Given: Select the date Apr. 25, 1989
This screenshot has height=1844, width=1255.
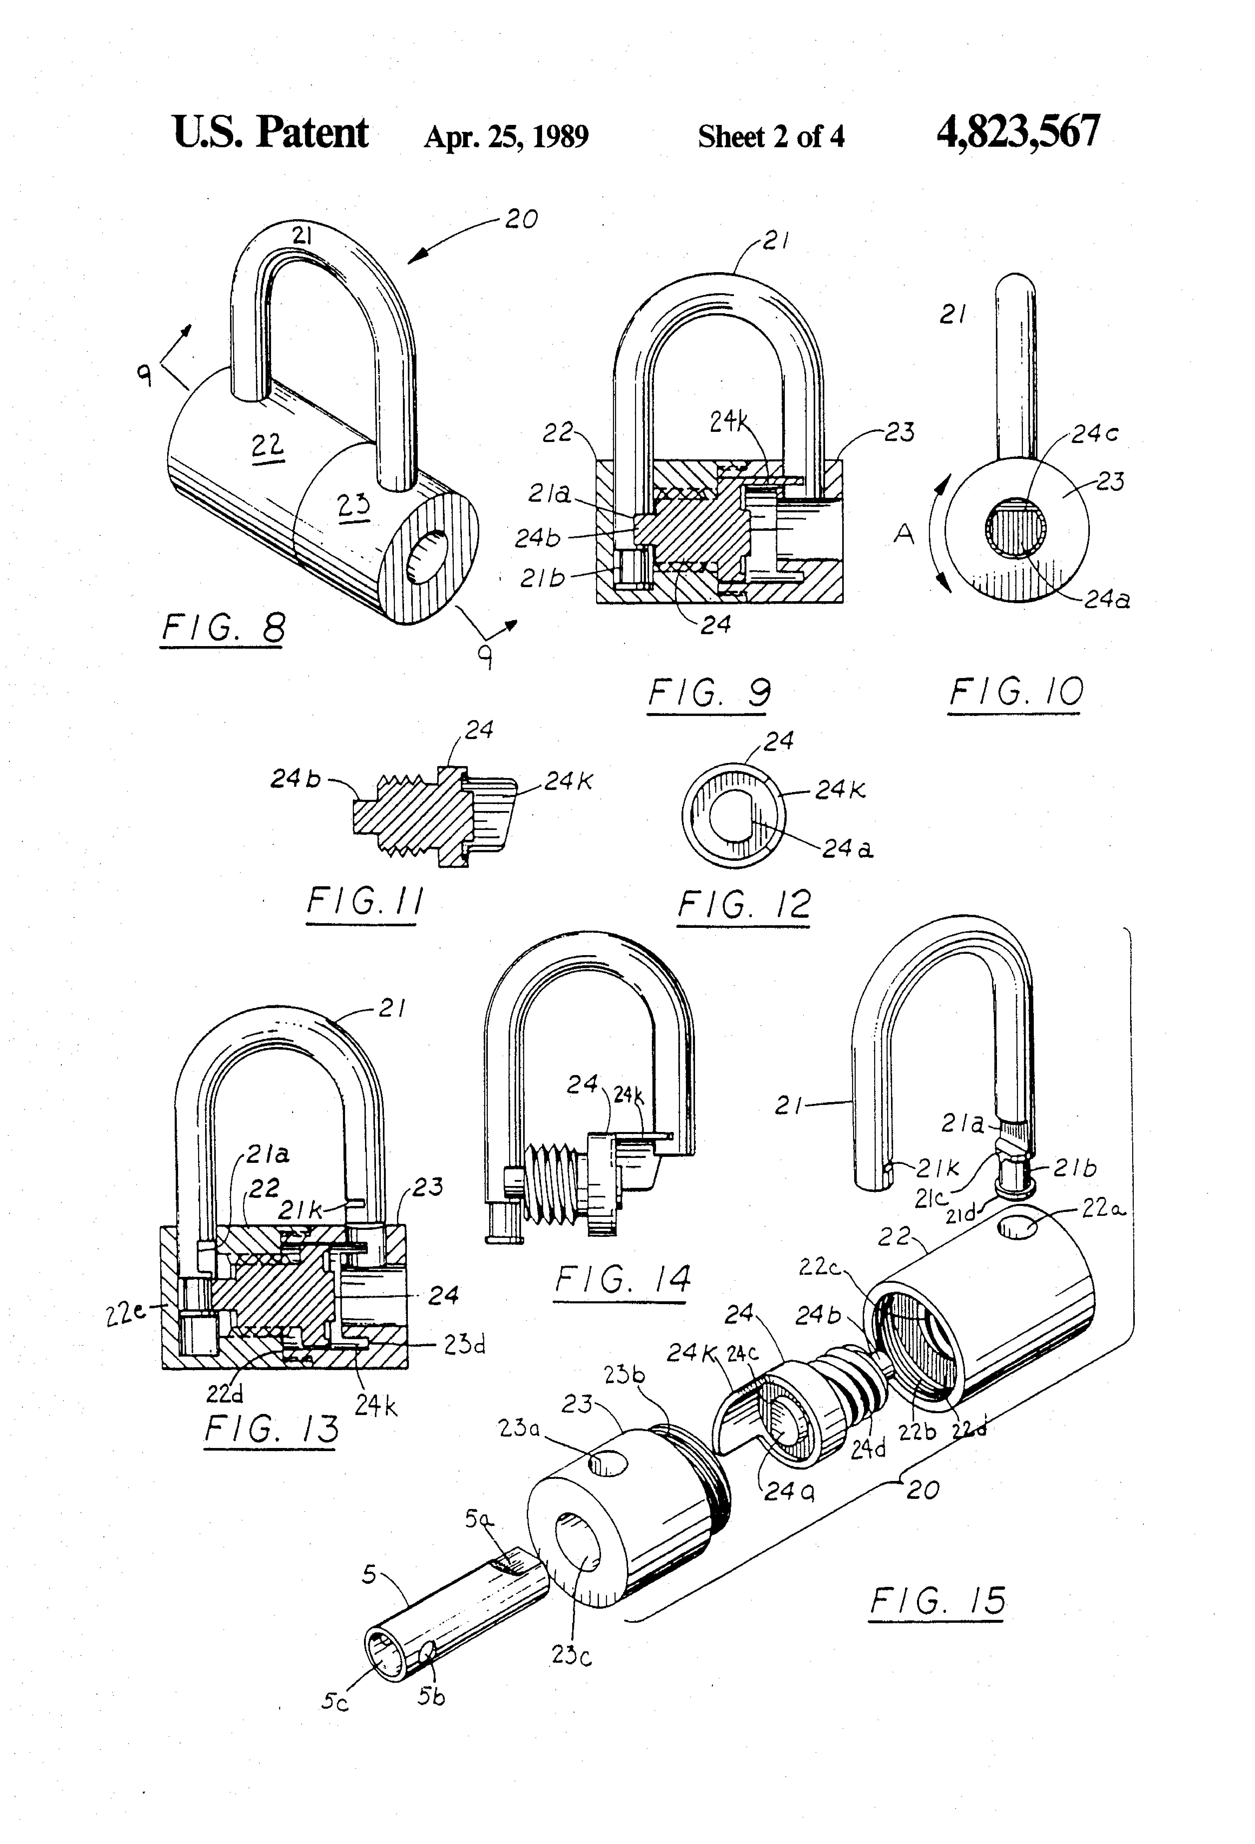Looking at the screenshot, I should point(506,137).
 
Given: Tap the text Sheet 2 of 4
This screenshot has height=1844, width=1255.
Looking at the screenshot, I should point(770,137).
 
